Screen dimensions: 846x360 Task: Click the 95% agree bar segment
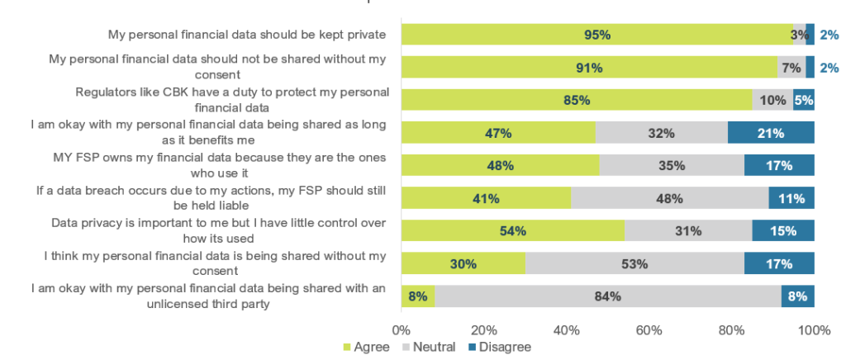pos(597,35)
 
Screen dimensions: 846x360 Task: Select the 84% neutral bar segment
pos(608,296)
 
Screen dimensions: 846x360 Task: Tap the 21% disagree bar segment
pos(771,133)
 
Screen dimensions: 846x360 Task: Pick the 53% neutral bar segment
pos(634,263)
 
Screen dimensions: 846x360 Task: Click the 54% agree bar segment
pos(513,230)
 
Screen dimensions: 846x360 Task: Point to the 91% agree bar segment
pos(589,68)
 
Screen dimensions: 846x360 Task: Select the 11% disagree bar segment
pos(791,198)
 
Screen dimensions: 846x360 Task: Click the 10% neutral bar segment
pos(772,100)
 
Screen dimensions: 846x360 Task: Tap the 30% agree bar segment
pos(463,263)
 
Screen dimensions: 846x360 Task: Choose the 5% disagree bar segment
pos(804,100)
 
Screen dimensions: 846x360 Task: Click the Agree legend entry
pos(366,347)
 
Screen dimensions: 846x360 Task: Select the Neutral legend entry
pos(429,347)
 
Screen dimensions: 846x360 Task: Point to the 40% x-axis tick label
pos(566,330)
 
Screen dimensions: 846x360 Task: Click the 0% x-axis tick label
pos(401,330)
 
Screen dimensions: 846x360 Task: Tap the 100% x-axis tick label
pos(814,330)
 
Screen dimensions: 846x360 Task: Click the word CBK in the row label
pos(175,92)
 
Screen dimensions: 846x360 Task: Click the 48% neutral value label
pos(669,198)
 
